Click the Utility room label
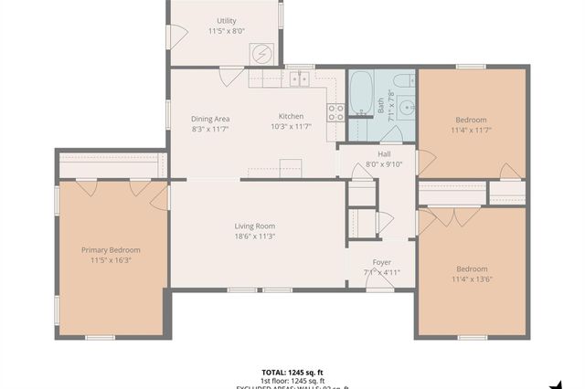(x=225, y=20)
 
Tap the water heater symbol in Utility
(x=263, y=54)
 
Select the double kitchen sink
(x=299, y=79)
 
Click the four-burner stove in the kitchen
(x=336, y=111)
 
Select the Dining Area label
(x=209, y=119)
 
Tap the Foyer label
(x=381, y=261)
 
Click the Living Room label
(x=255, y=226)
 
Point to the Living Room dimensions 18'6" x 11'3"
(x=255, y=237)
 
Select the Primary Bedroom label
(x=111, y=249)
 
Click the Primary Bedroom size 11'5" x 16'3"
(x=111, y=260)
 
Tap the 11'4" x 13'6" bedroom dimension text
(x=471, y=280)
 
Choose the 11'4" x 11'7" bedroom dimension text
(x=471, y=131)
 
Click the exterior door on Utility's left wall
(x=170, y=35)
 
